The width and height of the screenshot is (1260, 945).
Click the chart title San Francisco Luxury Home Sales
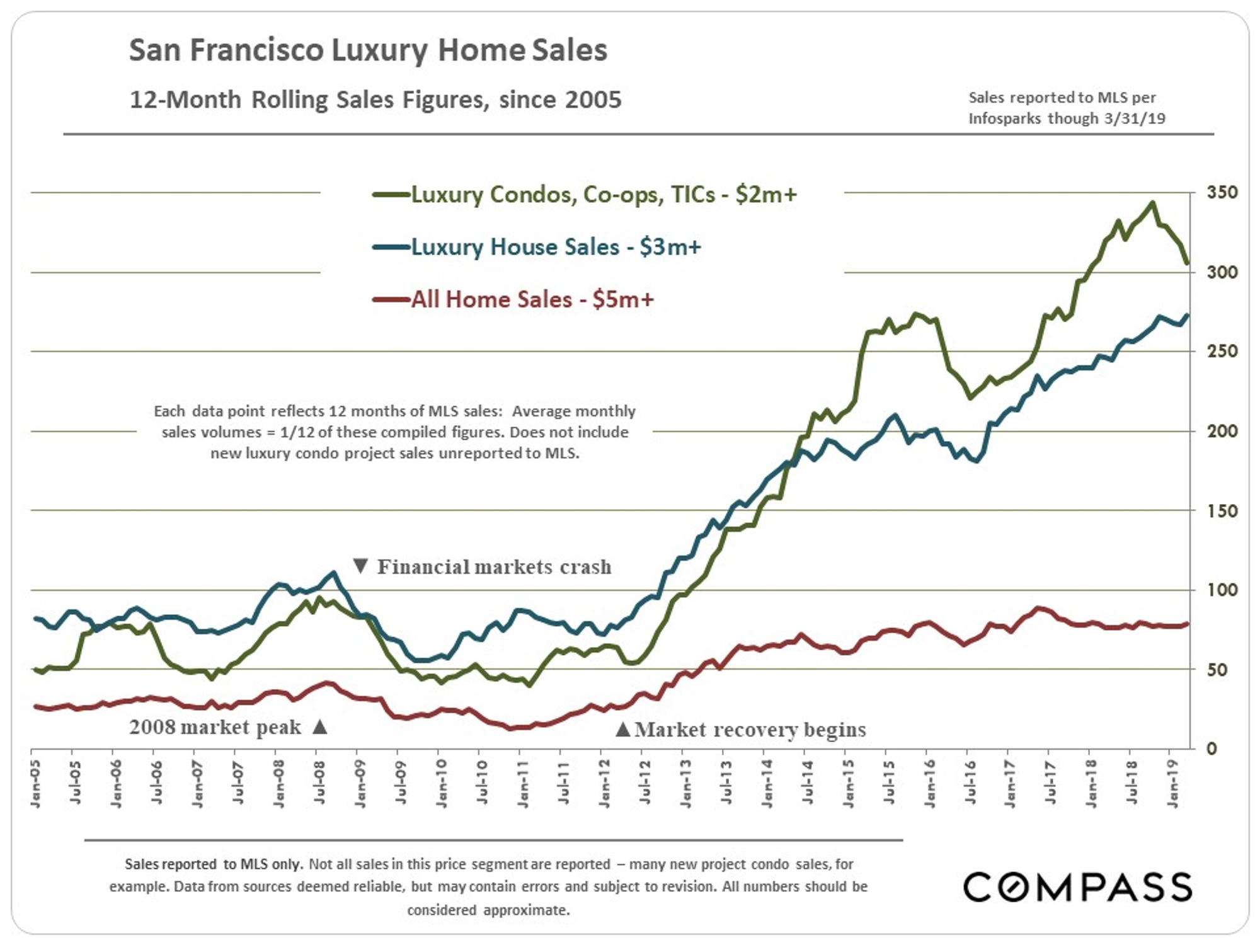click(x=368, y=50)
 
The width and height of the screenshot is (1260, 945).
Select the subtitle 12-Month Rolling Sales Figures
click(x=375, y=100)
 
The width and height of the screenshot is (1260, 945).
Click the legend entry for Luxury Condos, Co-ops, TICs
click(x=604, y=195)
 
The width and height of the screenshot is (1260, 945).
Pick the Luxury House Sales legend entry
click(x=556, y=247)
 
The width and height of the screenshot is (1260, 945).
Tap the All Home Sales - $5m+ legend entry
click(x=532, y=299)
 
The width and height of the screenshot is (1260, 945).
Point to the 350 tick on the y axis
click(x=1222, y=193)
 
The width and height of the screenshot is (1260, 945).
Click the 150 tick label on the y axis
click(x=1222, y=511)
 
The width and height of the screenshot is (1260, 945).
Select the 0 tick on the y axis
click(x=1211, y=749)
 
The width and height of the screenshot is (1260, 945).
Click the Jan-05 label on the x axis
click(x=35, y=783)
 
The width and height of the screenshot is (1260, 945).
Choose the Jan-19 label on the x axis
click(x=1173, y=783)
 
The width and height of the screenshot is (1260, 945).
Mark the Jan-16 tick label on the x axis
click(x=930, y=783)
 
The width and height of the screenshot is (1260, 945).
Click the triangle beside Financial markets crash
click(x=360, y=566)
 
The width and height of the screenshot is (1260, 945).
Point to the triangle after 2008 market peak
click(x=320, y=727)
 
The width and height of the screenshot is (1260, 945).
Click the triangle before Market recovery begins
click(x=622, y=730)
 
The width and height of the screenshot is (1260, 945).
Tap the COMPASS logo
click(x=1077, y=886)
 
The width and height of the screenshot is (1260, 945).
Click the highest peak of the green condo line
click(x=1152, y=203)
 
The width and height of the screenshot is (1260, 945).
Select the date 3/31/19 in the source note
click(x=1135, y=118)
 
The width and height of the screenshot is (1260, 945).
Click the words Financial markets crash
click(x=494, y=567)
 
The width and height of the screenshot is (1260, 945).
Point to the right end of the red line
click(x=1188, y=624)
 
